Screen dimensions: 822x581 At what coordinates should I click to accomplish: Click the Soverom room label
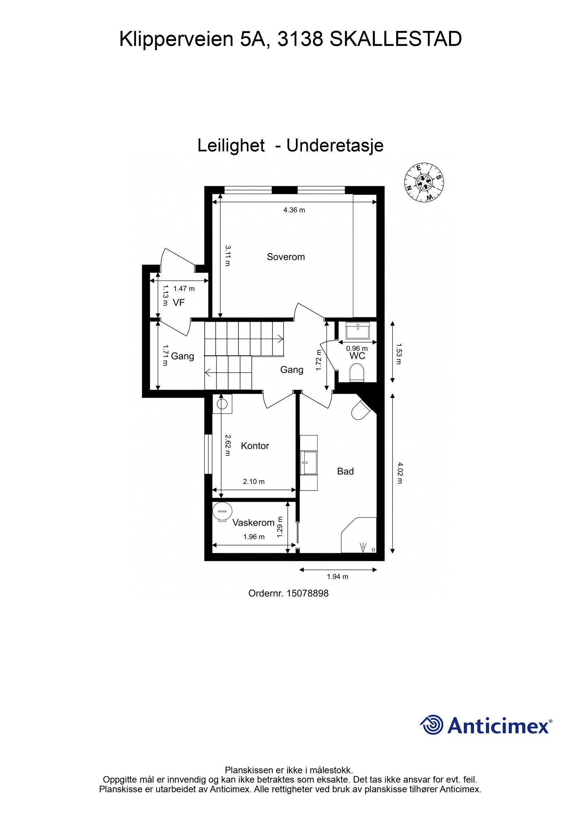click(x=285, y=257)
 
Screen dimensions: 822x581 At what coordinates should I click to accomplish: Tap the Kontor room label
click(x=255, y=446)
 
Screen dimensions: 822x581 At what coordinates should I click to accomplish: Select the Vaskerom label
click(x=253, y=523)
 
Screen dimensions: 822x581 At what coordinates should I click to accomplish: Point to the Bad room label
click(x=345, y=471)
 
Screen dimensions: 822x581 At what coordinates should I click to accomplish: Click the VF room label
click(x=179, y=302)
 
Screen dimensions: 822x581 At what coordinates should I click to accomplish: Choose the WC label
click(x=357, y=356)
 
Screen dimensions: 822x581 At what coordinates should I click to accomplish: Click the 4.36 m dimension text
click(x=294, y=210)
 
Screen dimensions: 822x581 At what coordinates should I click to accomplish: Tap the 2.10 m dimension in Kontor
click(x=253, y=482)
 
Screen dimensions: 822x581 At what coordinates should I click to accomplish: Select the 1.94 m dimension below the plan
click(x=337, y=576)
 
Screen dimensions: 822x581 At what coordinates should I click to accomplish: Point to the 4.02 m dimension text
click(x=400, y=473)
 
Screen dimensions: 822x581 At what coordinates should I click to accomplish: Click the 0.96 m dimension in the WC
click(x=357, y=349)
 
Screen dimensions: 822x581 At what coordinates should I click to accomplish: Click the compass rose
click(x=424, y=182)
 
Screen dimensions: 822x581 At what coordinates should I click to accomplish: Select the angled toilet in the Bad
click(x=361, y=410)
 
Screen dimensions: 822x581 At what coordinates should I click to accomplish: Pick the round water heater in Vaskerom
click(x=222, y=511)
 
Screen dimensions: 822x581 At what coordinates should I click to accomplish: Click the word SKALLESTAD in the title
click(x=395, y=39)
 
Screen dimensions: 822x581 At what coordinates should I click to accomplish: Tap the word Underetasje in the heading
click(x=335, y=146)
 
